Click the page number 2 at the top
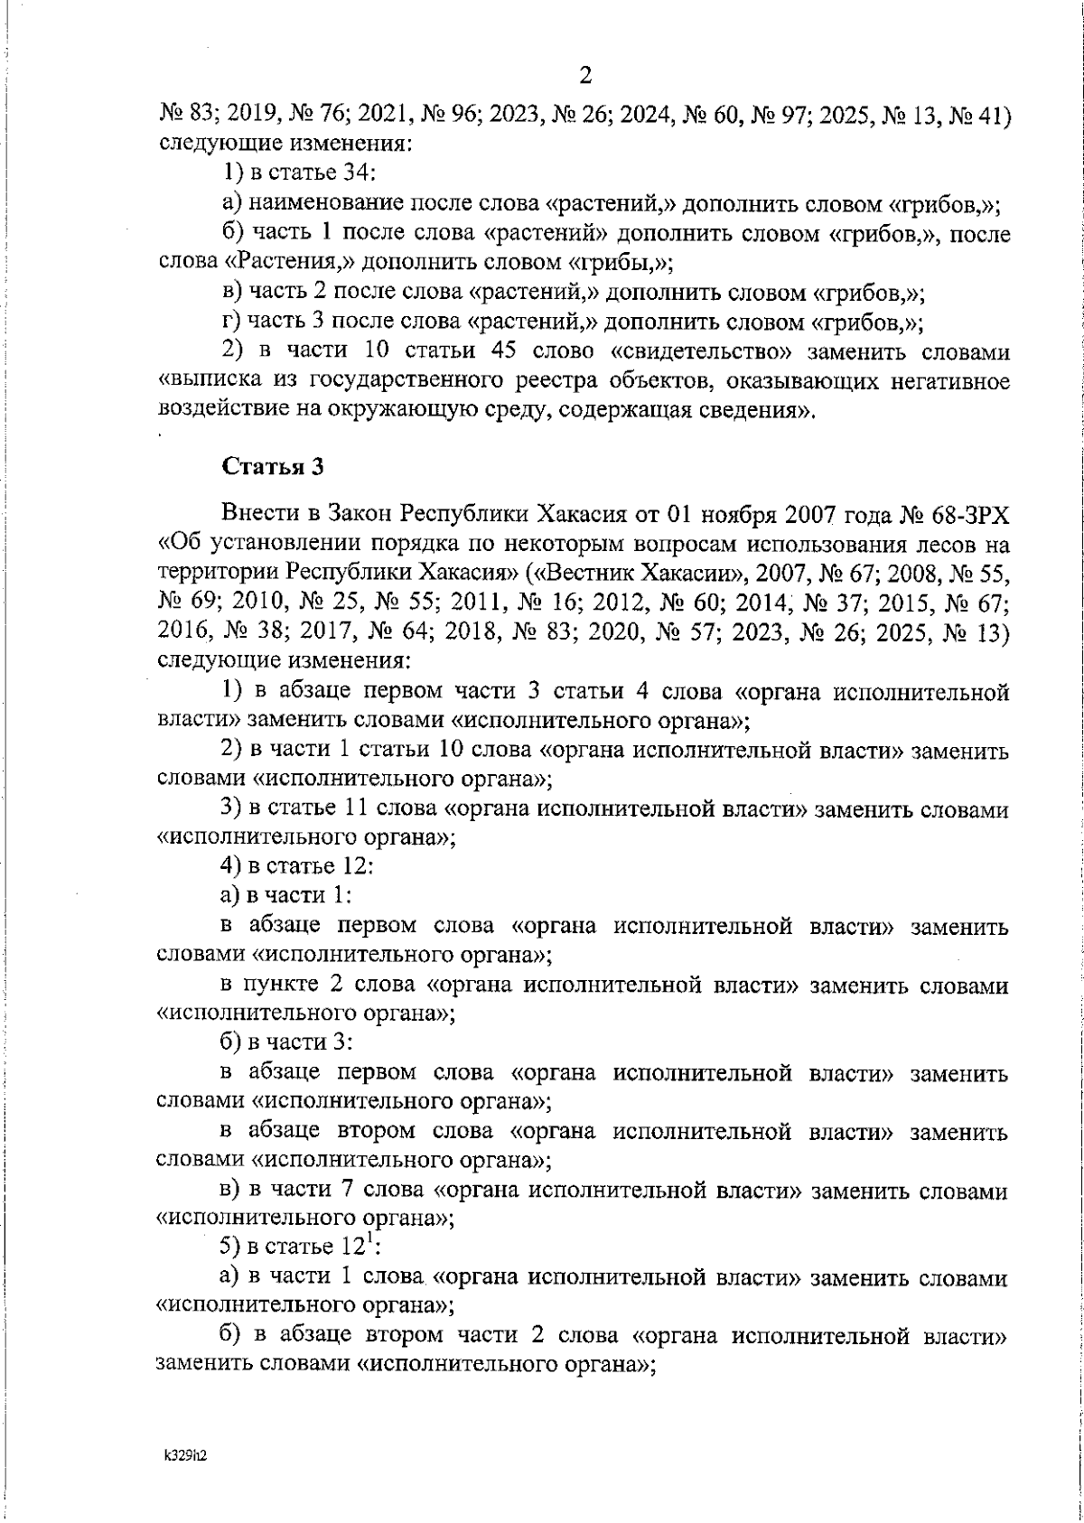pos(584,76)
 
